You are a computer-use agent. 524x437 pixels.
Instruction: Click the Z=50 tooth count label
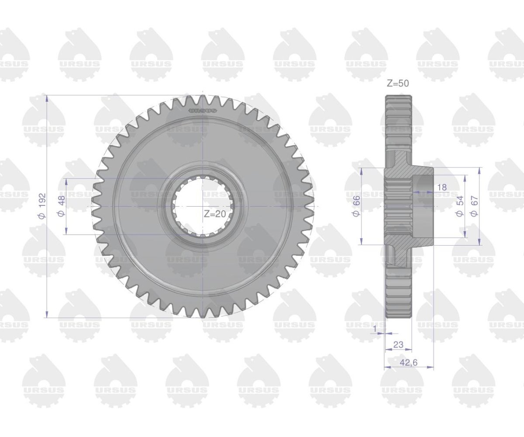tap(398, 83)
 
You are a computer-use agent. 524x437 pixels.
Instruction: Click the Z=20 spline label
tap(215, 214)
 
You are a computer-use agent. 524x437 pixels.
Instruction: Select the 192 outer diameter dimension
tap(42, 206)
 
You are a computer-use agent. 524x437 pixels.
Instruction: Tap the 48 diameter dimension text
tap(61, 206)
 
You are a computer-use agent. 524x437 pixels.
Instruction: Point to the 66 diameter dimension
tap(356, 206)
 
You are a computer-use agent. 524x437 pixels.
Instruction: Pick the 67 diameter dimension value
tap(474, 206)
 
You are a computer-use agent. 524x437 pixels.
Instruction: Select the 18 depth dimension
tap(442, 187)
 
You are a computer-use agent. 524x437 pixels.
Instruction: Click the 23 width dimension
tap(398, 345)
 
